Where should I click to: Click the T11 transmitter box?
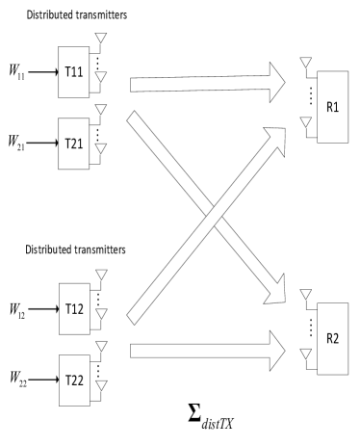click(73, 72)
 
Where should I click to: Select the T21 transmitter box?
click(73, 144)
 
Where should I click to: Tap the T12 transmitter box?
click(74, 309)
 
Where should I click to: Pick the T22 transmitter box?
click(74, 380)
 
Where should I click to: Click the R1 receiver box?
click(333, 107)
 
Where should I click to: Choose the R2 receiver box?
click(333, 339)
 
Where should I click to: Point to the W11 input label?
click(16, 71)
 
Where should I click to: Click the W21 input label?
click(16, 143)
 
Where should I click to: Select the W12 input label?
click(17, 311)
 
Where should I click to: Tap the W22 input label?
click(18, 379)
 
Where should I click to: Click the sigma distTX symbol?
click(211, 417)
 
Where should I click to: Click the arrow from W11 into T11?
click(43, 72)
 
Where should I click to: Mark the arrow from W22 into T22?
click(43, 380)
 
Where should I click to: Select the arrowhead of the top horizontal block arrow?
click(276, 83)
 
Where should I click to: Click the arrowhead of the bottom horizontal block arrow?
click(276, 351)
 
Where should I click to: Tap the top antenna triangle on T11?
click(101, 38)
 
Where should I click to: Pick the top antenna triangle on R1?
click(306, 62)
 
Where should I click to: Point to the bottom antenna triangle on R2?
click(306, 354)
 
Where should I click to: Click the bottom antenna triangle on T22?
click(101, 385)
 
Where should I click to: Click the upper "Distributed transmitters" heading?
click(77, 15)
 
